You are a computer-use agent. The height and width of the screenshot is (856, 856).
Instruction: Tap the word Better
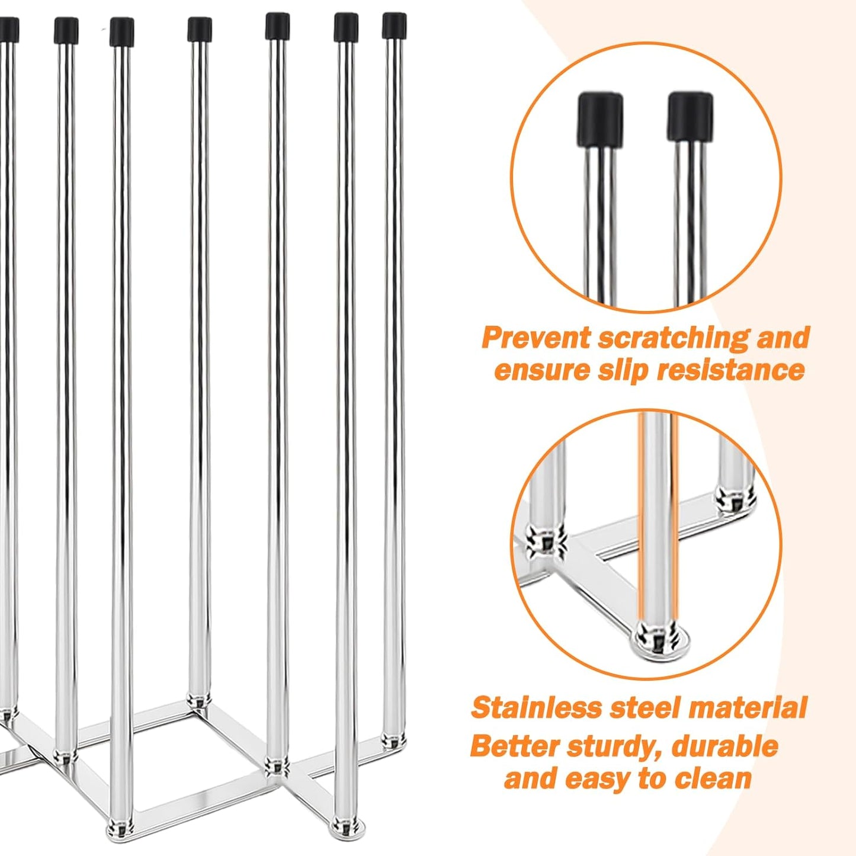click(x=514, y=746)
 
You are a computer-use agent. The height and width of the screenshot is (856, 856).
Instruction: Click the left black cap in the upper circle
click(x=600, y=118)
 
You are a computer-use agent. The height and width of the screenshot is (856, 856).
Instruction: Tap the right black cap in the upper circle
click(x=690, y=116)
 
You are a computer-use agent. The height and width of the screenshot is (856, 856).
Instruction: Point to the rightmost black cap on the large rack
click(x=394, y=25)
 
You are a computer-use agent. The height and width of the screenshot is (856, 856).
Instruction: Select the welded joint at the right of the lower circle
click(x=735, y=496)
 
